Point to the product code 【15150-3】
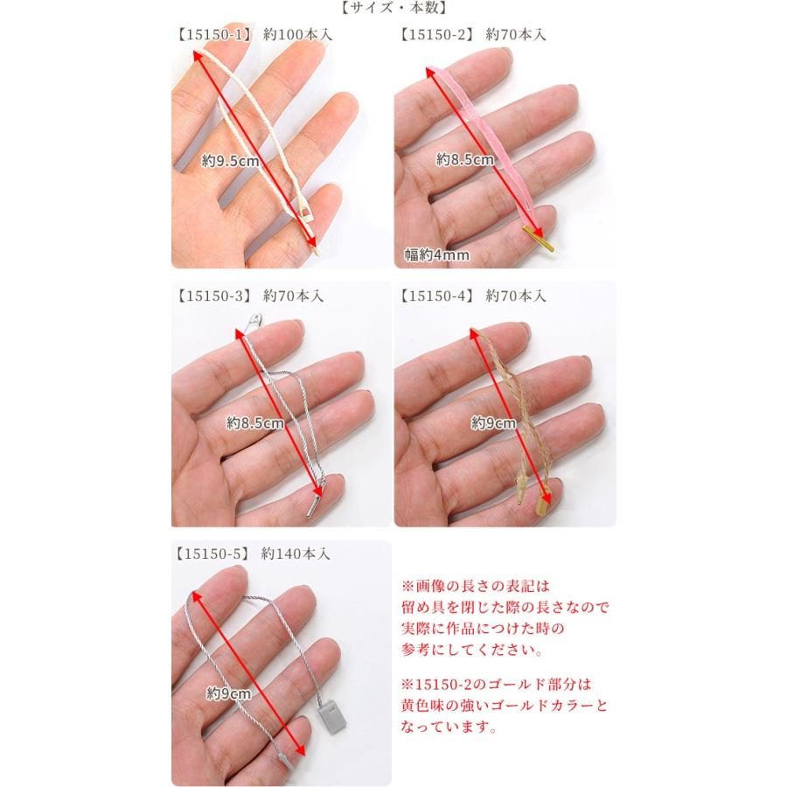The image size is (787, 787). [207, 296]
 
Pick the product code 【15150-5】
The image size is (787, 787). [207, 554]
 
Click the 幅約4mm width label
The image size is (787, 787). [437, 254]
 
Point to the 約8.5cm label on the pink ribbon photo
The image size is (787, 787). [465, 159]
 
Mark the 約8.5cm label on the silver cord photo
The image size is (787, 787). [254, 422]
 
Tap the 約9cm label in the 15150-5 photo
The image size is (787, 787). [229, 693]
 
